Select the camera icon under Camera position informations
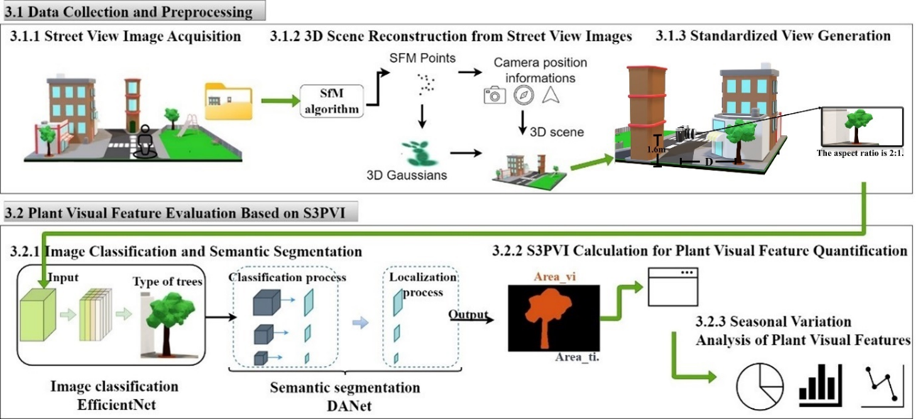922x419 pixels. [x=494, y=95]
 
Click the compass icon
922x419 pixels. [x=523, y=95]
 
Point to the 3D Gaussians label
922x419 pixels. [x=416, y=175]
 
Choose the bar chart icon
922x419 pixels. [x=820, y=386]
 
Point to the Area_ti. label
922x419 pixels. [x=578, y=359]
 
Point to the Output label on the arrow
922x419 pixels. [x=468, y=314]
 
